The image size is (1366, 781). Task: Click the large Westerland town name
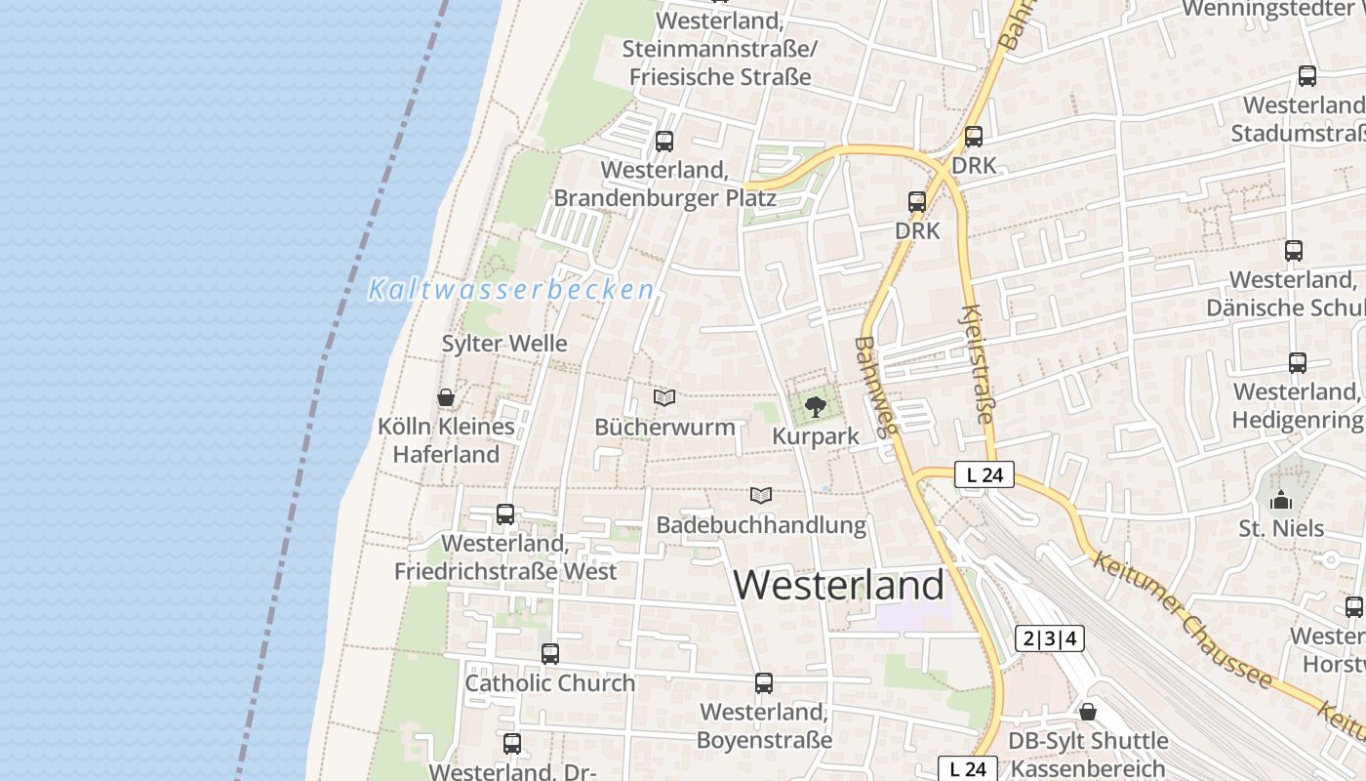(839, 585)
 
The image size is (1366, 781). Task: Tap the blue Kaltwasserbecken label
(511, 290)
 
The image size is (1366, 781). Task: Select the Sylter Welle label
(504, 344)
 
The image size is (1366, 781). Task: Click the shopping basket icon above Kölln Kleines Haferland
(446, 397)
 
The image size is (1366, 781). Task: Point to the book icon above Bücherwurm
(664, 397)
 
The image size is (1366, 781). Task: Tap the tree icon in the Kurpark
(815, 406)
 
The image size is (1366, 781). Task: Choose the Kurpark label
(816, 436)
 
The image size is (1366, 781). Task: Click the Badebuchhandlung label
(761, 525)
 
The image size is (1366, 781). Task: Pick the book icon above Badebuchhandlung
(761, 495)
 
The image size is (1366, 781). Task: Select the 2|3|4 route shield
(1050, 639)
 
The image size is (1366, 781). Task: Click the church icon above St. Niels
(1281, 500)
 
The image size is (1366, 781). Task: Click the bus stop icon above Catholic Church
(550, 653)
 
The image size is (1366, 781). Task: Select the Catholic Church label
(550, 683)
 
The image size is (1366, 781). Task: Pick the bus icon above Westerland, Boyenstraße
(764, 683)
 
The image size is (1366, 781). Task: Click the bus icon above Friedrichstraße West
(505, 514)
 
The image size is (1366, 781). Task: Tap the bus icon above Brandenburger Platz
(664, 141)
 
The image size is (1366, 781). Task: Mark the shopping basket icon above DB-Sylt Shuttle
(1088, 712)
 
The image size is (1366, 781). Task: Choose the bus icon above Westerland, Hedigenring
(1298, 363)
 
